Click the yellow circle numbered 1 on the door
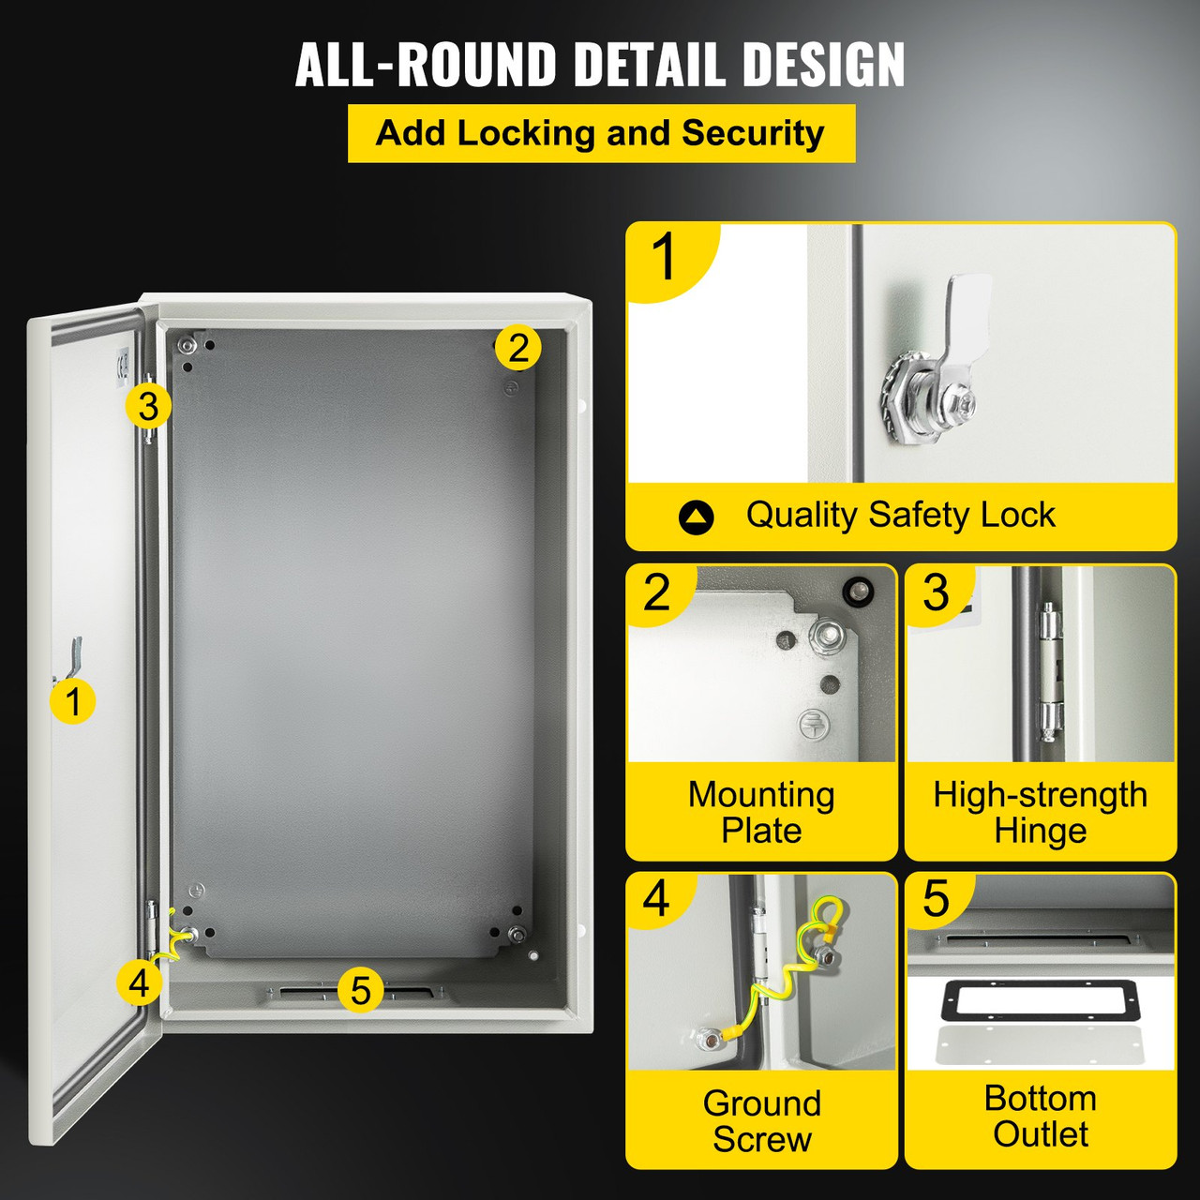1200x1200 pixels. [73, 700]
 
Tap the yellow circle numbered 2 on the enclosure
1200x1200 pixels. [517, 348]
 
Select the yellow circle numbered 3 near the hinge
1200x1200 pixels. [148, 407]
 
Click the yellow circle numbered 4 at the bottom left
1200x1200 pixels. [139, 983]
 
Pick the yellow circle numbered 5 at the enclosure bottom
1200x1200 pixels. [361, 990]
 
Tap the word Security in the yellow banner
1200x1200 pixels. [753, 133]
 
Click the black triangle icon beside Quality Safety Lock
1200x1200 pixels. [696, 517]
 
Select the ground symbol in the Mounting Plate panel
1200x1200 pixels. [812, 724]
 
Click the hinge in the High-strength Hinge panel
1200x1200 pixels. [1051, 667]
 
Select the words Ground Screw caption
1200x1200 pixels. [761, 1121]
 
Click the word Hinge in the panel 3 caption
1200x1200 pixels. [1040, 831]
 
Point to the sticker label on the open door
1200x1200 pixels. [122, 367]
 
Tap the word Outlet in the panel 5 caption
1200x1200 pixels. [1041, 1134]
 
